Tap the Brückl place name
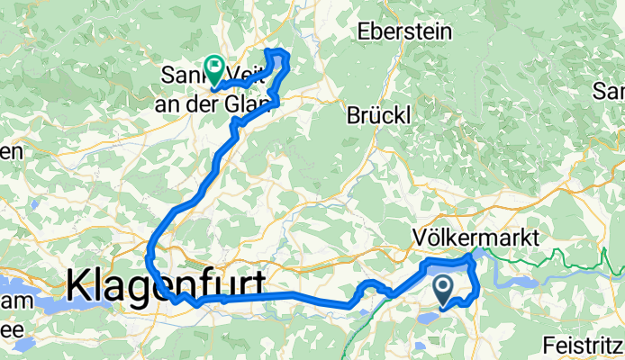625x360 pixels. click(379, 114)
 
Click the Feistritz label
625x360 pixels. click(583, 345)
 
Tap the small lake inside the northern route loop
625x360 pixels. click(276, 65)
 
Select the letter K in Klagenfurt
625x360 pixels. click(79, 286)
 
